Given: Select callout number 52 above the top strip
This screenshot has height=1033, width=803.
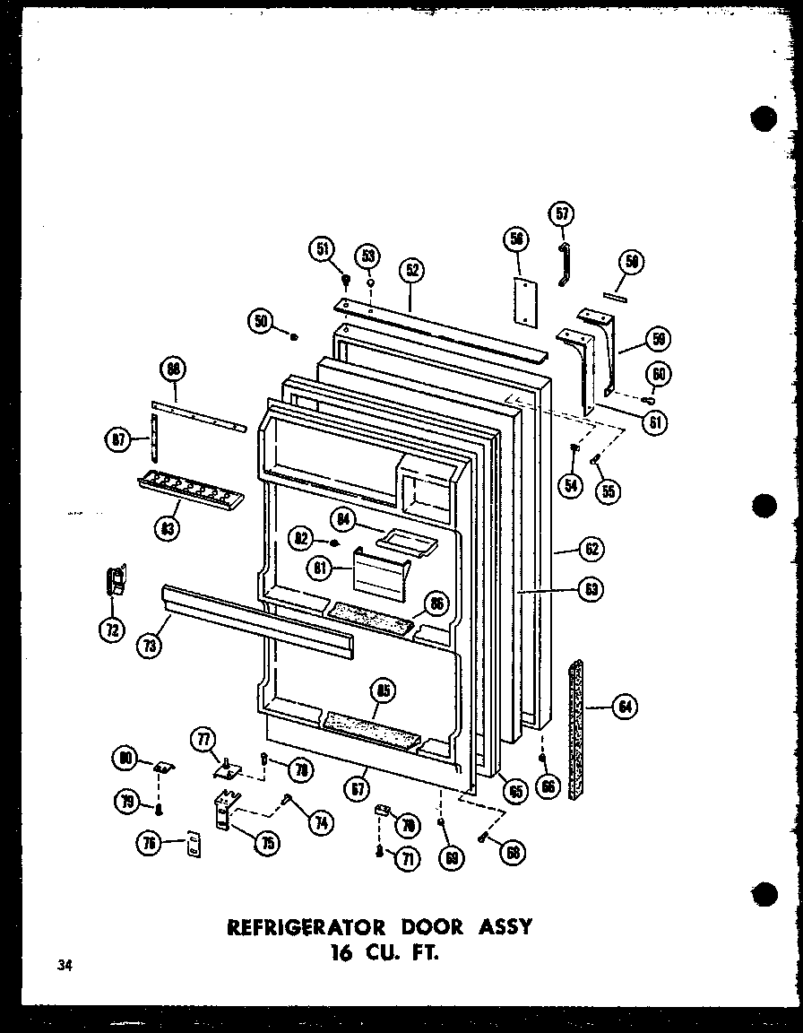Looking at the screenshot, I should pyautogui.click(x=412, y=271).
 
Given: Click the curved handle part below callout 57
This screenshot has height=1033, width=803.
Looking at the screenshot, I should pyautogui.click(x=564, y=264).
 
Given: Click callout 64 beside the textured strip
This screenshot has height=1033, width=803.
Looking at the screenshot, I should pyautogui.click(x=624, y=707).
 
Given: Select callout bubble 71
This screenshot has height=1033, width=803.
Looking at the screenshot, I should pyautogui.click(x=409, y=858).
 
